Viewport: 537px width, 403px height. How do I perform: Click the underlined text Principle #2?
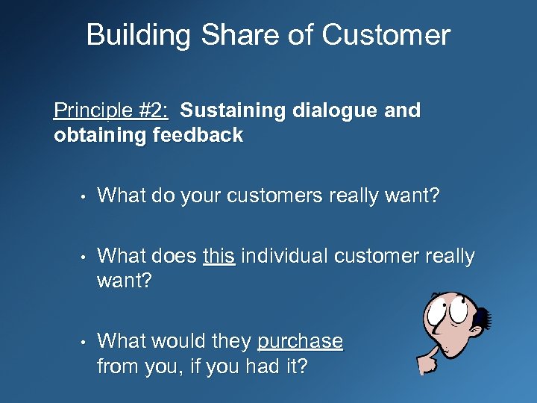click(x=111, y=111)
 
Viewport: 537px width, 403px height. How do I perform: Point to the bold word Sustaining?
click(x=233, y=111)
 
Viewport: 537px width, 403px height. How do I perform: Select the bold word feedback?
click(x=198, y=135)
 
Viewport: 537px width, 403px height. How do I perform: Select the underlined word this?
click(x=219, y=256)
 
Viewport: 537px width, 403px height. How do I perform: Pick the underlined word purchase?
click(x=300, y=341)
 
